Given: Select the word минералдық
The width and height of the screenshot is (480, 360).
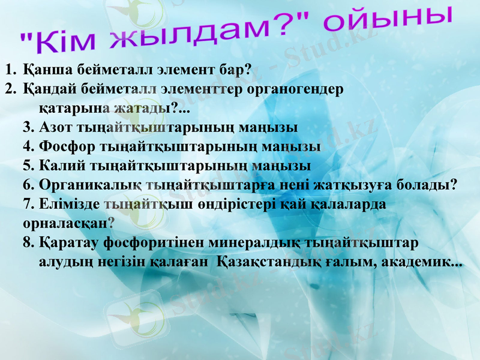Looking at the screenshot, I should [x=253, y=243].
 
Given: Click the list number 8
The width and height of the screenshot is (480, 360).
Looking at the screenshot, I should [x=28, y=243].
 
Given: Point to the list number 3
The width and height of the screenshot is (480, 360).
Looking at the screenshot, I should [x=28, y=128].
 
